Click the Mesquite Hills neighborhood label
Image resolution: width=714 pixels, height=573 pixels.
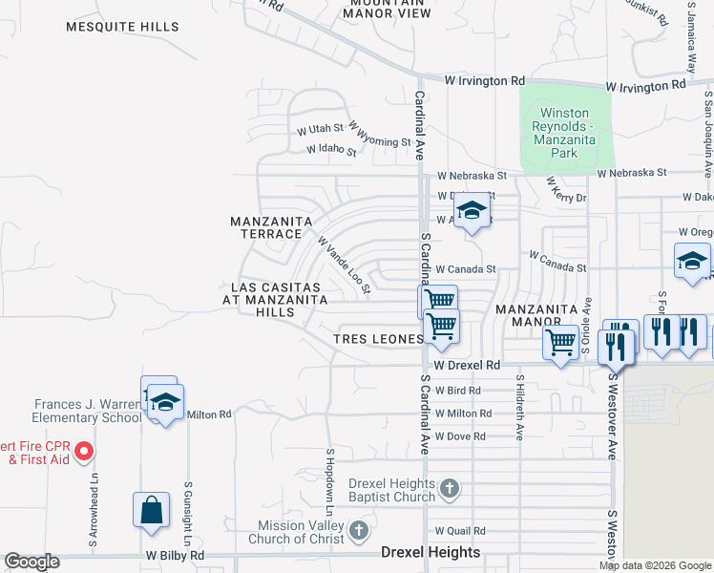121,27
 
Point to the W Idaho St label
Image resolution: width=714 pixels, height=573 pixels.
330,150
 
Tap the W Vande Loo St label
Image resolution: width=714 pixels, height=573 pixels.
344,266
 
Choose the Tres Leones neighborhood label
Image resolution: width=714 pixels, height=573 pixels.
378,340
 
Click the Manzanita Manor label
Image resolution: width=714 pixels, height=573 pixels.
535,316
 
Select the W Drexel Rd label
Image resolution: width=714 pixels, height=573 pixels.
467,366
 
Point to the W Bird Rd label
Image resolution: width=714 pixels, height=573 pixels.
456,391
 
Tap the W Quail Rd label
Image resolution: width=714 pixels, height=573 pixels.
459,531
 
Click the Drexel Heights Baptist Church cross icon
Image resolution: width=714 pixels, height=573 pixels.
451,491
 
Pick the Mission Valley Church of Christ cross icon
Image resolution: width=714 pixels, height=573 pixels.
358,530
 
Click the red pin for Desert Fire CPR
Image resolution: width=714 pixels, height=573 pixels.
83,450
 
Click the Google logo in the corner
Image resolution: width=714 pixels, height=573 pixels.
31,562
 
